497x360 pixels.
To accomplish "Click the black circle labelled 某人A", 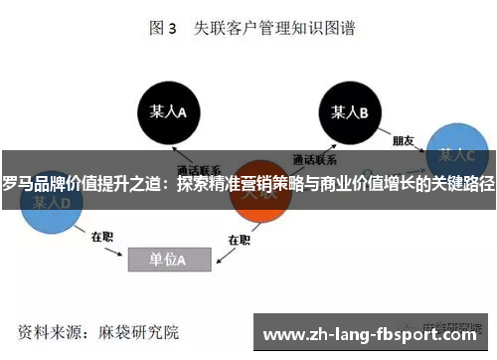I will tap(167, 112).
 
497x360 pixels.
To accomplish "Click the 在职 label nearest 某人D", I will tap(102, 237).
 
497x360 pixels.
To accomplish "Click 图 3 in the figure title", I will tap(162, 29).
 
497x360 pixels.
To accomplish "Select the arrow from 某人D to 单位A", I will tap(94, 225).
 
